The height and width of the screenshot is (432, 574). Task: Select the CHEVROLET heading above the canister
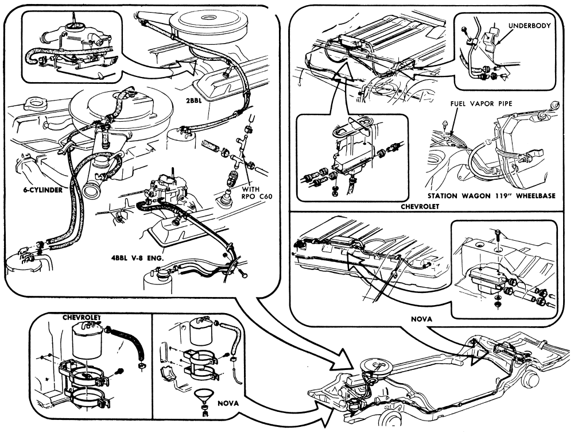[83, 317]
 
